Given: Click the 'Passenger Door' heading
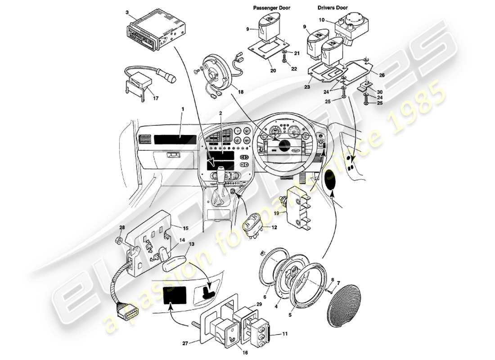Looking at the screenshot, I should click(271, 8).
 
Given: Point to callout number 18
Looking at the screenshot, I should click(241, 92).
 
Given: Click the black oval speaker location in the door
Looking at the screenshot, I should click(333, 180).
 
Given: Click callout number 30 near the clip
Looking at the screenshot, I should click(380, 92).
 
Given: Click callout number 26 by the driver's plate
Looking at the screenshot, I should click(382, 75).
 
